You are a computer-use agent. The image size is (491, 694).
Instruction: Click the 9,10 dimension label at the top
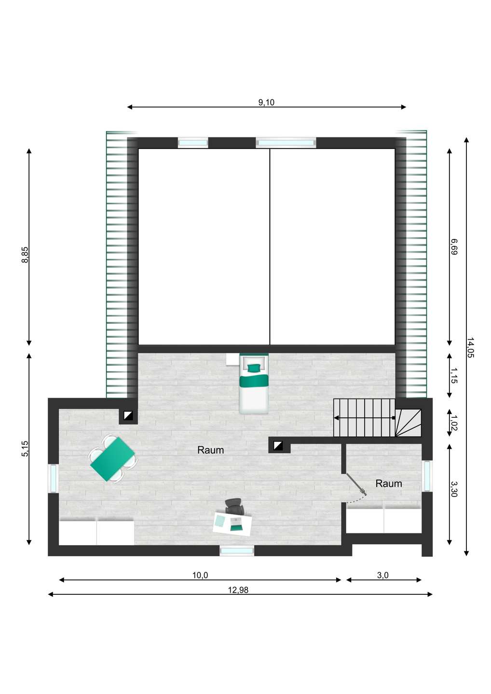click(x=266, y=102)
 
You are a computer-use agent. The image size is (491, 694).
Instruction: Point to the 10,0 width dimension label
click(x=200, y=575)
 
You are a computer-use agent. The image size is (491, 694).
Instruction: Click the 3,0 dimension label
click(x=383, y=575)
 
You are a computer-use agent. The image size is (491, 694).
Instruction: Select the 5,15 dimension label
click(x=25, y=449)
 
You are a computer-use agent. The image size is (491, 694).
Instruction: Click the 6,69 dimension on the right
click(x=453, y=247)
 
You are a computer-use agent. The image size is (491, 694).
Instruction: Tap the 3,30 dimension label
click(x=453, y=489)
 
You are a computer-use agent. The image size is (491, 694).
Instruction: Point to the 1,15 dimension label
click(x=453, y=375)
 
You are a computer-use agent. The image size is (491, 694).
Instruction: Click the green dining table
click(x=112, y=458)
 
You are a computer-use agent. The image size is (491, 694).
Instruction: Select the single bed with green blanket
click(x=254, y=384)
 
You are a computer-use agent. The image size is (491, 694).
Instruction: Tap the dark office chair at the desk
click(x=234, y=506)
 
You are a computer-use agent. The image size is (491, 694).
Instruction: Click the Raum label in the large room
click(x=211, y=450)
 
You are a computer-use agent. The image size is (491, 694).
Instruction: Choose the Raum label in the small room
click(x=389, y=483)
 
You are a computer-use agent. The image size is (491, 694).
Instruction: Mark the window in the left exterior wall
click(x=53, y=478)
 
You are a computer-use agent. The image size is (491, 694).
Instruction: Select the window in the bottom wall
click(x=237, y=551)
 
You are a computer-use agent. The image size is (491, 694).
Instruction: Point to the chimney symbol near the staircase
click(x=278, y=446)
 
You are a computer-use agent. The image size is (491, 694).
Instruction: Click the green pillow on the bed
click(x=254, y=368)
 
